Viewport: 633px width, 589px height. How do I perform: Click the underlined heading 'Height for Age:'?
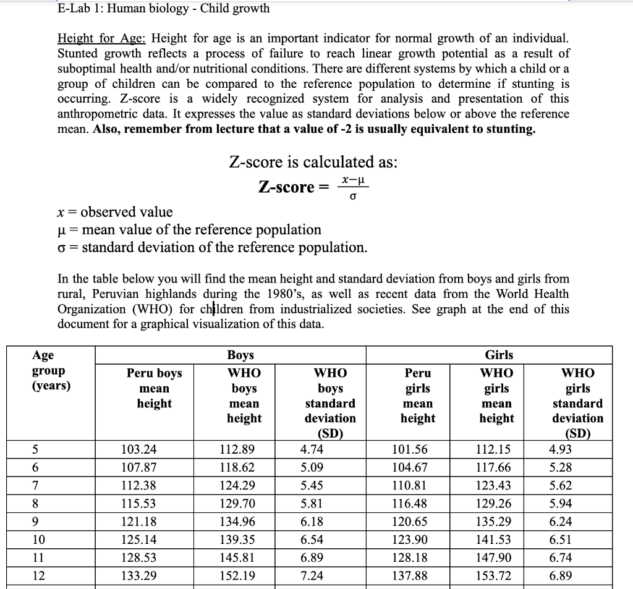102,39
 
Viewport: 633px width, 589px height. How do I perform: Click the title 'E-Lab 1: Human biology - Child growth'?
163,9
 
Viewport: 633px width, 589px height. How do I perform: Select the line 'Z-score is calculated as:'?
313,163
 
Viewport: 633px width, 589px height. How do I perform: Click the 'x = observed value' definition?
115,212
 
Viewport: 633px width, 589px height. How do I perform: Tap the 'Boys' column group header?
240,355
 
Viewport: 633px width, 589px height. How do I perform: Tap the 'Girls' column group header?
498,355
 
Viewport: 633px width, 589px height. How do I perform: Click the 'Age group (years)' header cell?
51,370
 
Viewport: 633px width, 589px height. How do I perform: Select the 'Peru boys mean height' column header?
154,388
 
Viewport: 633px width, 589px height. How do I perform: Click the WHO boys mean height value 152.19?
237,576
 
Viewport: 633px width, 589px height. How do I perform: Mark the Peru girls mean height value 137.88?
410,576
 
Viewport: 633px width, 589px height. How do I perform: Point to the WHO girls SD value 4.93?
560,449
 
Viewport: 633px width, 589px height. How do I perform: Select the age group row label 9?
36,522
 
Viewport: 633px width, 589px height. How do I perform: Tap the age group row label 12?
38,576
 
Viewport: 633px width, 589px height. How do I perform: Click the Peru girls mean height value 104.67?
410,467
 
